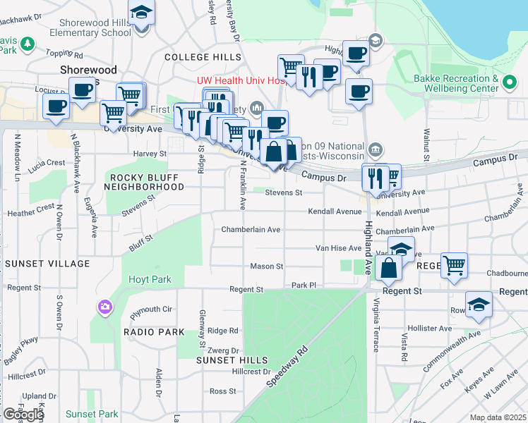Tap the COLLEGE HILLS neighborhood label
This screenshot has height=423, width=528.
pyautogui.click(x=203, y=57)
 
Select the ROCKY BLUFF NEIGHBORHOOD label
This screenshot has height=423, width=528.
pyautogui.click(x=144, y=181)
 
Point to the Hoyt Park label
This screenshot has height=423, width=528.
pyautogui.click(x=150, y=279)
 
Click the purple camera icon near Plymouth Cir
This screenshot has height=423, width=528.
pyautogui.click(x=105, y=307)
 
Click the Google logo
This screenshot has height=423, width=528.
pyautogui.click(x=23, y=415)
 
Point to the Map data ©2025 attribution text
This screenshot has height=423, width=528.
pyautogui.click(x=497, y=417)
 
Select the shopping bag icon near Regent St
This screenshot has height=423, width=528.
pyautogui.click(x=389, y=268)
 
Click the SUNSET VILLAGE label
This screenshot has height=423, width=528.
pyautogui.click(x=47, y=264)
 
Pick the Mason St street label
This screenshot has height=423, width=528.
pyautogui.click(x=267, y=266)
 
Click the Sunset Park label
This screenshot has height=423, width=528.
pyautogui.click(x=92, y=414)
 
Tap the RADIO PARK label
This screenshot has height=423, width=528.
pyautogui.click(x=154, y=332)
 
